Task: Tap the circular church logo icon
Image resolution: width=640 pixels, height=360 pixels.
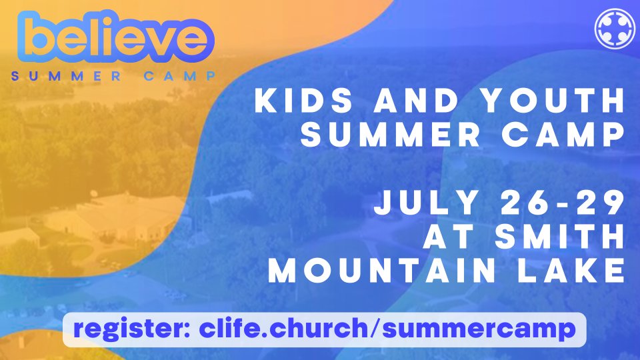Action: point(615,29)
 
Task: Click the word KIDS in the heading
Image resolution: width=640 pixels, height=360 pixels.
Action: point(303,100)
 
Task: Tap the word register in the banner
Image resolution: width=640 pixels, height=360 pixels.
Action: point(131,329)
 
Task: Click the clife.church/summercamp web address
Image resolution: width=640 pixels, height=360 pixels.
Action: point(387,329)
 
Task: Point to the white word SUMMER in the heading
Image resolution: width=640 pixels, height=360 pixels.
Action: point(390,134)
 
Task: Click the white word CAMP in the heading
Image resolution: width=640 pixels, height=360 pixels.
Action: point(564,134)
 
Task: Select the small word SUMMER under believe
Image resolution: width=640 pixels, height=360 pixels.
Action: point(66,76)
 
